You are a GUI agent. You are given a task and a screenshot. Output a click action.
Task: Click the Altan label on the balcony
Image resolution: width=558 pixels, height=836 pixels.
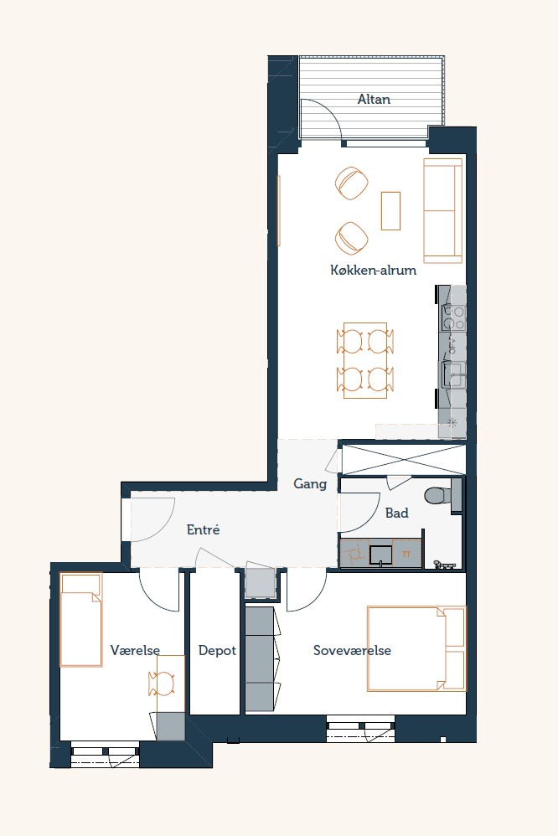click(x=374, y=99)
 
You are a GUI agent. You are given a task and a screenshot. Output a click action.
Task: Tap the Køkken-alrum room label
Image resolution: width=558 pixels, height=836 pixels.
click(x=373, y=270)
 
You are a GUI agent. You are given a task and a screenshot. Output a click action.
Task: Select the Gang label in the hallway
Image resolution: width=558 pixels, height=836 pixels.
click(x=310, y=484)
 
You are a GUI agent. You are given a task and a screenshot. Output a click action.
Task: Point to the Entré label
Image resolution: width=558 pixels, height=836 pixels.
click(x=203, y=529)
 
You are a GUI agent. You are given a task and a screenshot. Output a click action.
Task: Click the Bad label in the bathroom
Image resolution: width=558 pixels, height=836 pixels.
click(x=397, y=513)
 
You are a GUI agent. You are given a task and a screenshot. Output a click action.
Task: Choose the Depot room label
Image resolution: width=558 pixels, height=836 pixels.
click(x=217, y=651)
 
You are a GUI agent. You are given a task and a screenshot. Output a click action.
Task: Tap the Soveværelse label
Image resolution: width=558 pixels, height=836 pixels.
click(x=352, y=651)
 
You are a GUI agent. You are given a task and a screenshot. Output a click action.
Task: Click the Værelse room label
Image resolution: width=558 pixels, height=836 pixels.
click(x=135, y=651)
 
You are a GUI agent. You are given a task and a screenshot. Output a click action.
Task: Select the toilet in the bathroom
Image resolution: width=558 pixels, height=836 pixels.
click(x=438, y=496)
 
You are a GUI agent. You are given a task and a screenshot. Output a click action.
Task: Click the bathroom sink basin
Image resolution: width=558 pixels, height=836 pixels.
click(x=381, y=555)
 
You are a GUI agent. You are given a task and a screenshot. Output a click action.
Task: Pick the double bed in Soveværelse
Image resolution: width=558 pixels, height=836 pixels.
click(x=416, y=648)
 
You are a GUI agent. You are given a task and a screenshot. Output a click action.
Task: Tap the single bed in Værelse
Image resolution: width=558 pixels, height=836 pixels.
click(x=80, y=620)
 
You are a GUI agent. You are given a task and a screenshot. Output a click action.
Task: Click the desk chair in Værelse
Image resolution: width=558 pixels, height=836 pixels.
click(x=161, y=684)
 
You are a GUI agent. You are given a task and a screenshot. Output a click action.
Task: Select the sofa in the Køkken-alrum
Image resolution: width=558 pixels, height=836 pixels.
click(x=442, y=210)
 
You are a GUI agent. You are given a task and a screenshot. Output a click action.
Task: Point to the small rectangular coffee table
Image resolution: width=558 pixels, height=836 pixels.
click(x=390, y=211)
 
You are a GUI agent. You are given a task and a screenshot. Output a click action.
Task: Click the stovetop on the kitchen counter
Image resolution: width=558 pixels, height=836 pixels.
click(x=453, y=317)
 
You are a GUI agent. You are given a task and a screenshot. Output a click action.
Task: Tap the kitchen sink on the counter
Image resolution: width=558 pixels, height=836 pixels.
click(x=452, y=374)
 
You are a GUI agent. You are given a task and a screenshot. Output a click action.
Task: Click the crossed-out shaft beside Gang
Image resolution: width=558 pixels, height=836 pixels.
click(x=403, y=458)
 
